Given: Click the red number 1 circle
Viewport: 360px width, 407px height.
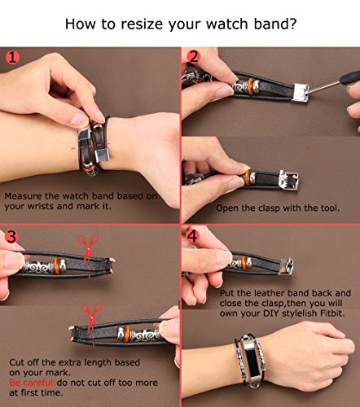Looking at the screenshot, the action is pyautogui.click(x=12, y=57).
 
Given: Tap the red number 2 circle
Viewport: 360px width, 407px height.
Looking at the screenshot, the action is pyautogui.click(x=194, y=57).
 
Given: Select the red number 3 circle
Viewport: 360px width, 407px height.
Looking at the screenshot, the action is pyautogui.click(x=11, y=237).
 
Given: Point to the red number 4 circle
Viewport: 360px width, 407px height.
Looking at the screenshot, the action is pyautogui.click(x=192, y=236).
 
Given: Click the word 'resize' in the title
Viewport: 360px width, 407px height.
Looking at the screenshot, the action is pyautogui.click(x=142, y=24).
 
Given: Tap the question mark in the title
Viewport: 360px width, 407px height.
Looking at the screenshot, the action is pyautogui.click(x=292, y=23).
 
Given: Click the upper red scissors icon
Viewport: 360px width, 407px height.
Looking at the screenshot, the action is pyautogui.click(x=88, y=247).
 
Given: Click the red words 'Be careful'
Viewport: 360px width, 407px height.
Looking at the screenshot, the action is pyautogui.click(x=32, y=383).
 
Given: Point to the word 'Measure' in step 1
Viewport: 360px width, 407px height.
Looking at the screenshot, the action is pyautogui.click(x=23, y=196).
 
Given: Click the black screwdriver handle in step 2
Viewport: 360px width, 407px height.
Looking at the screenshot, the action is pyautogui.click(x=350, y=78).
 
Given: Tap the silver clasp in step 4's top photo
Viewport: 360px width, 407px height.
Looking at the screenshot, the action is pyautogui.click(x=287, y=266).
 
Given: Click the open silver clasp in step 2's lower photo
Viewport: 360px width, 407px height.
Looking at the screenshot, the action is pyautogui.click(x=288, y=180).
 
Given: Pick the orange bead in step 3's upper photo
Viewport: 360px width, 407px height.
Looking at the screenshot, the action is pyautogui.click(x=56, y=265).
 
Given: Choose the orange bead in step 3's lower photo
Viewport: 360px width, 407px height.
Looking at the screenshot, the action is pyautogui.click(x=126, y=334).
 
